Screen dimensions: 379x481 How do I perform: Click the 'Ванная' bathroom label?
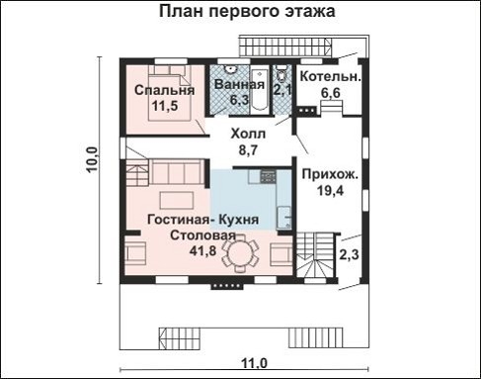tap(238, 84)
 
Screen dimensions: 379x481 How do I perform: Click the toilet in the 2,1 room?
tap(281, 74)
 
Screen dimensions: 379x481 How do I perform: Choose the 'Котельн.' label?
tap(330, 76)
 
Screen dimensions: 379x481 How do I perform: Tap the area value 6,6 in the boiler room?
tap(330, 92)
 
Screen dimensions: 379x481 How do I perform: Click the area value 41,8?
tap(203, 251)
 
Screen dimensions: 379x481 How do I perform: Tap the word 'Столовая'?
tap(201, 236)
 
